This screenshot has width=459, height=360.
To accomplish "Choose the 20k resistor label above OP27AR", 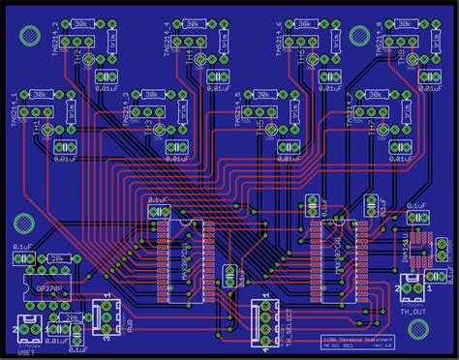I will pos(57,258).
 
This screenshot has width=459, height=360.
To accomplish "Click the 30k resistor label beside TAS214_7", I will pos(374,94).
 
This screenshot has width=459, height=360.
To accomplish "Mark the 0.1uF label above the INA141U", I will pos(416,206).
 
